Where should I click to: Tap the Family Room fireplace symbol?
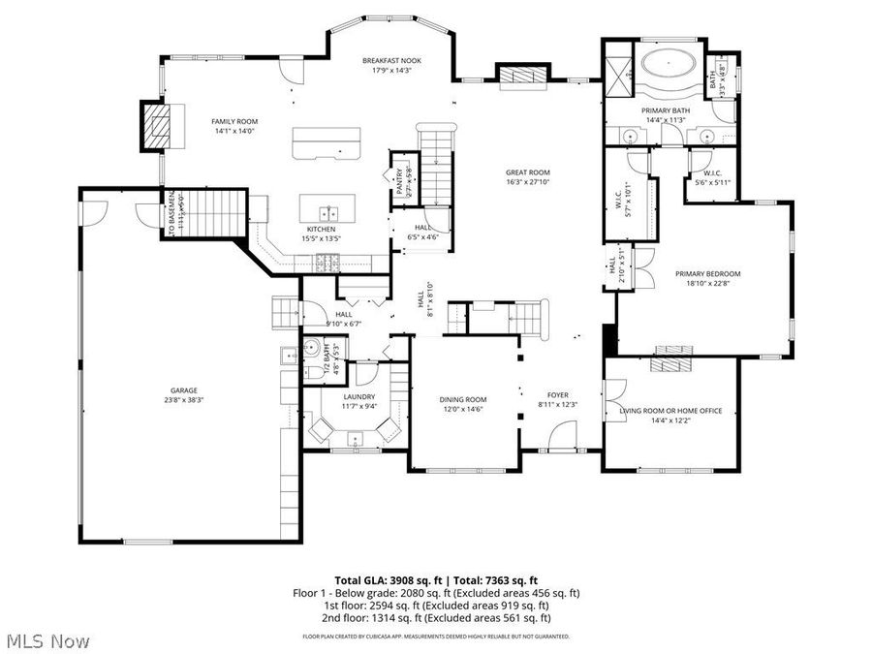156,125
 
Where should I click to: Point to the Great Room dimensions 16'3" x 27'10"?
527,182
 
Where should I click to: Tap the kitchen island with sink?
327,208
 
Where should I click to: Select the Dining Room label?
464,399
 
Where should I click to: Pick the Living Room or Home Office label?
670,411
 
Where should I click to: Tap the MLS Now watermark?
48,641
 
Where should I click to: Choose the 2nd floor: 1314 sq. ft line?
436,617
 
